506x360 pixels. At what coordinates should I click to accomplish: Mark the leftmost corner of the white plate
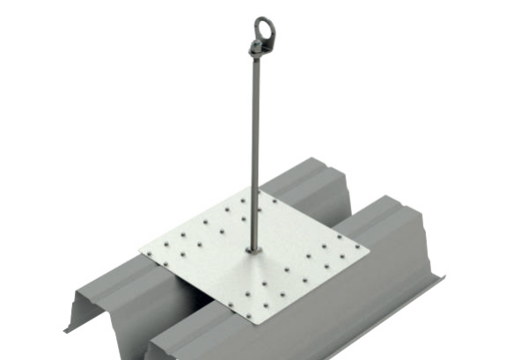tap(138, 255)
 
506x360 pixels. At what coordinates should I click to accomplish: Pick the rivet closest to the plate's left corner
tap(156, 255)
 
